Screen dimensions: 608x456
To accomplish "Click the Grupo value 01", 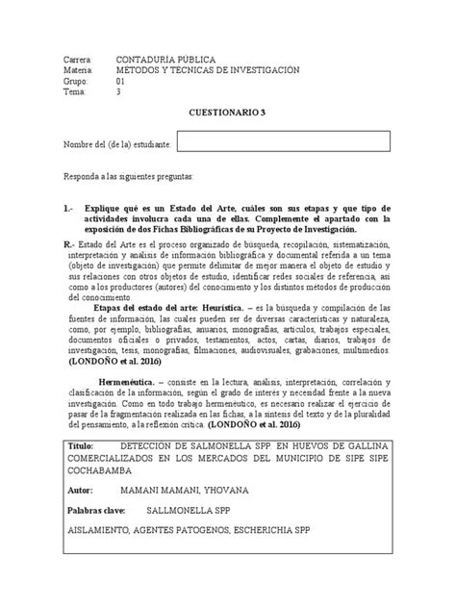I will coord(120,82).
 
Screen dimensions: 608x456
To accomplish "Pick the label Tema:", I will coord(75,93).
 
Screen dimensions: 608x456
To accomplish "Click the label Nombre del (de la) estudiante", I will coord(117,144).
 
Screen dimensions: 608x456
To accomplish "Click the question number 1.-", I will coord(67,207).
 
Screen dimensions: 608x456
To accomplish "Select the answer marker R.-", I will coord(68,245).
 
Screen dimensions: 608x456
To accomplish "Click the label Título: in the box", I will coord(84,449).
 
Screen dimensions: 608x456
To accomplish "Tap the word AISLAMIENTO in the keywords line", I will coord(106,531).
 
